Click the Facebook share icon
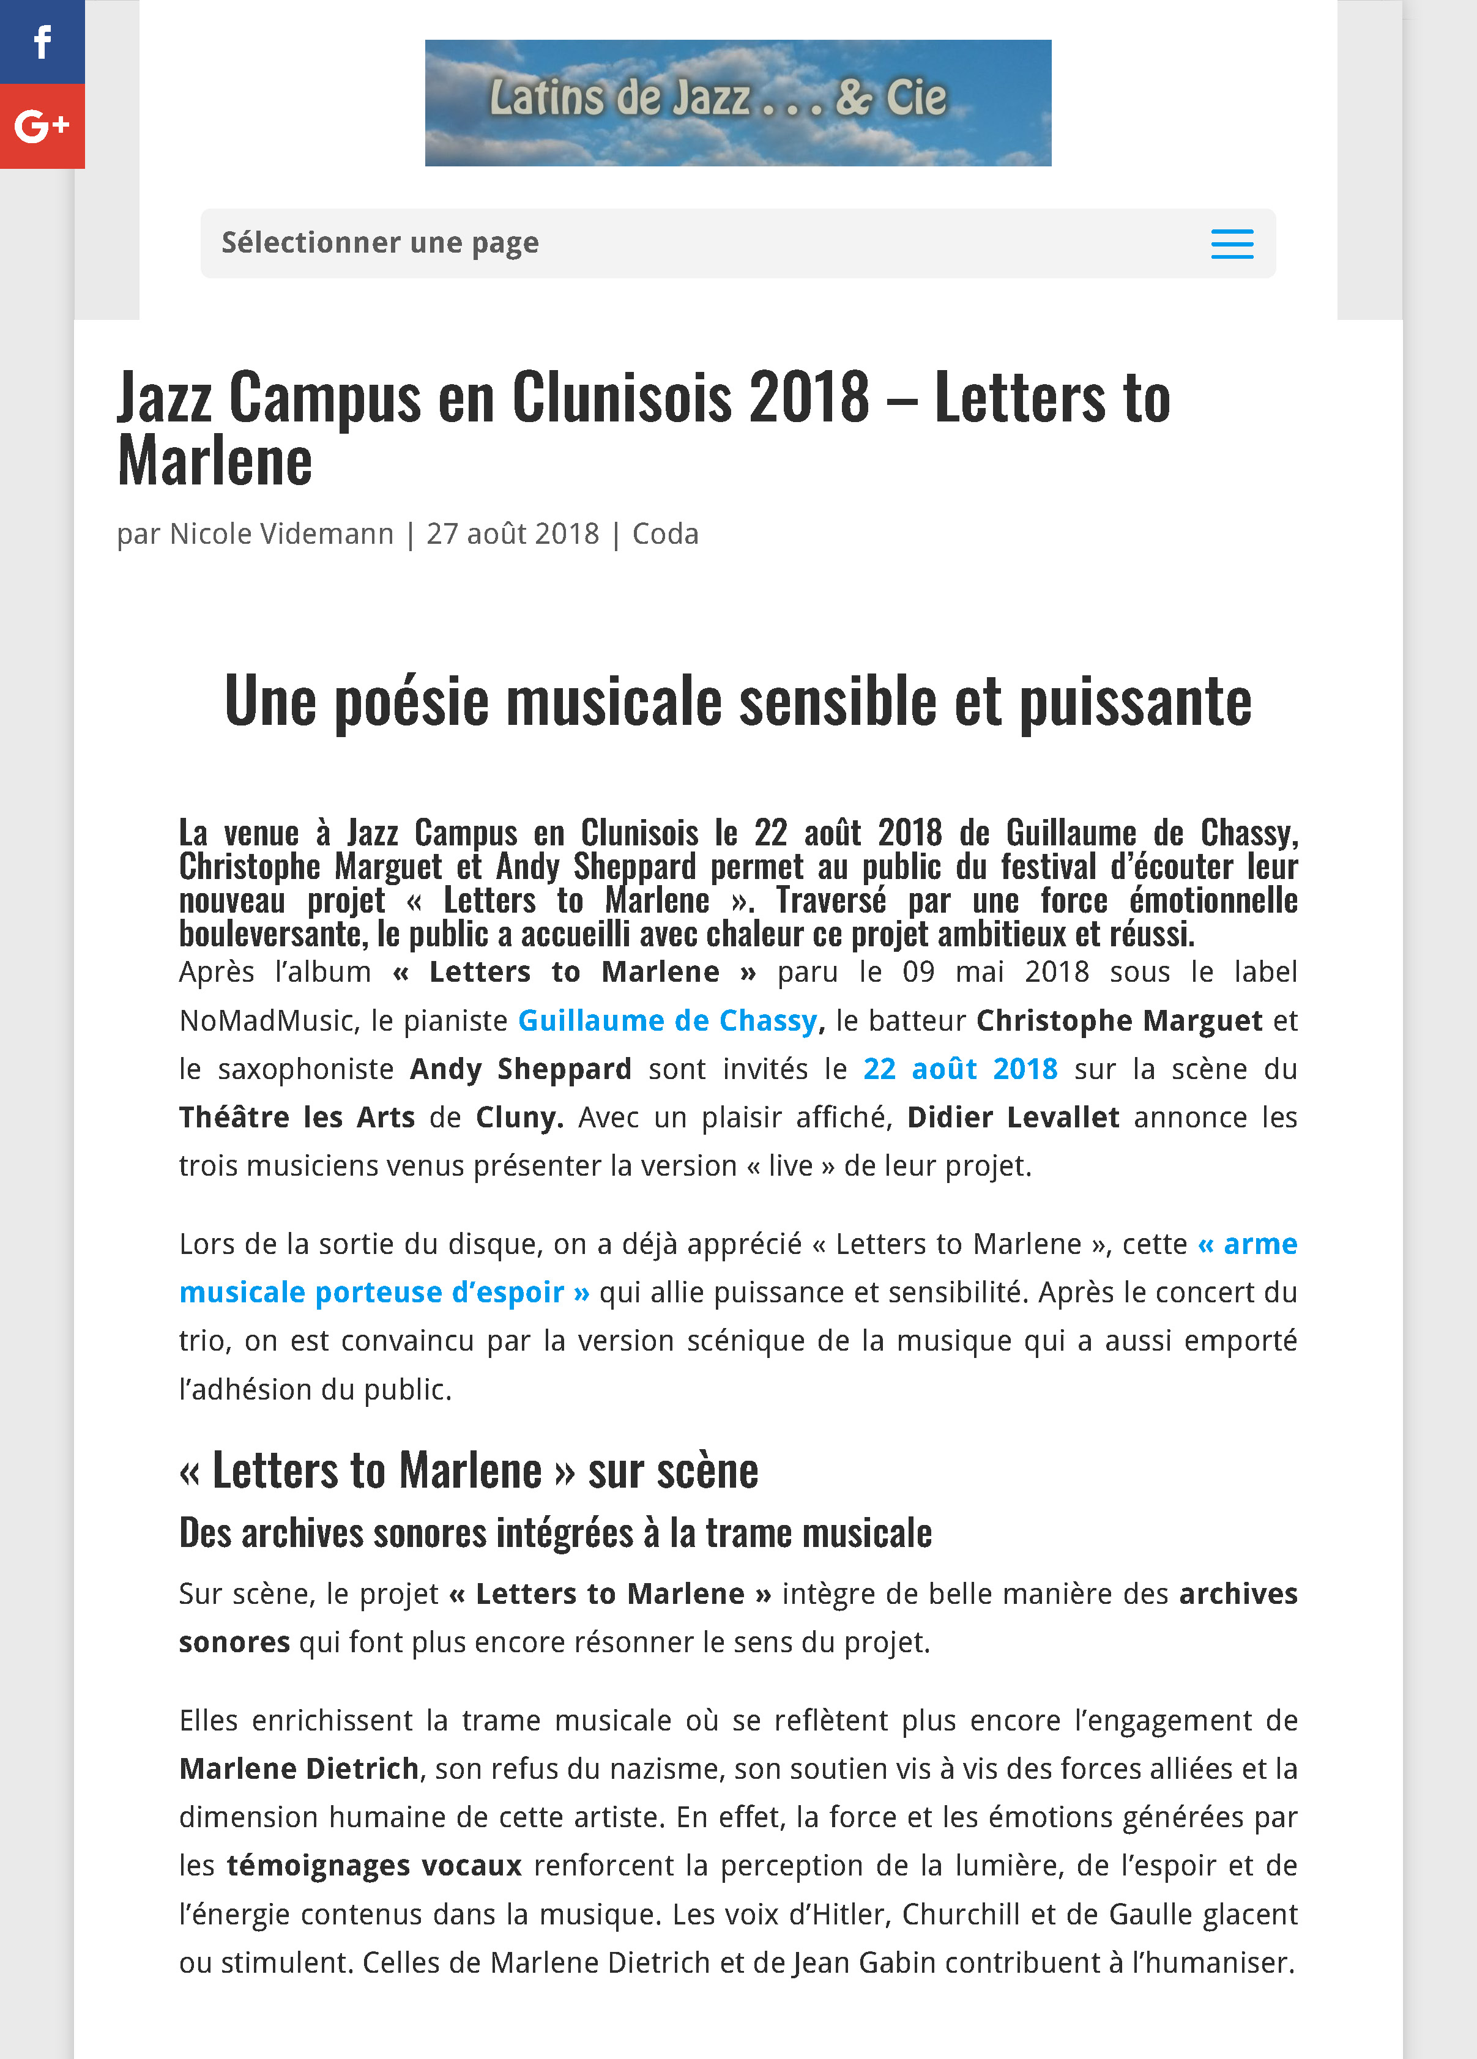point(42,42)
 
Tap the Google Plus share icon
point(42,126)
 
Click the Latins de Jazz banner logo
point(737,103)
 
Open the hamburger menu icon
point(1231,244)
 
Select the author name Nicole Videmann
point(281,534)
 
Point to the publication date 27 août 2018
point(513,534)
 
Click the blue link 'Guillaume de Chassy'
point(668,1020)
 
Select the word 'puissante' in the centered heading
point(1135,702)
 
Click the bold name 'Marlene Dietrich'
point(299,1768)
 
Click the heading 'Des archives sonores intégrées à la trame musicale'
point(555,1532)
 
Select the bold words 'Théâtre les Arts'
point(296,1116)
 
